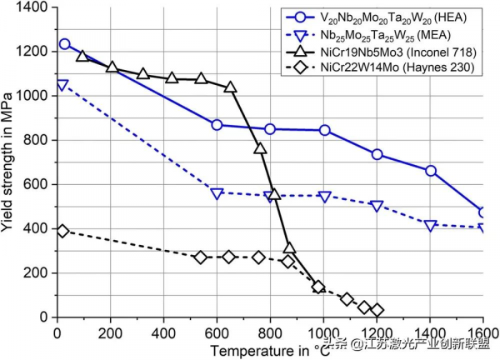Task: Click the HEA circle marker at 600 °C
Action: pyautogui.click(x=217, y=125)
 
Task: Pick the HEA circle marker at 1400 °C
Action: pyautogui.click(x=431, y=171)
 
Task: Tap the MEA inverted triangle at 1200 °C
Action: pyautogui.click(x=377, y=206)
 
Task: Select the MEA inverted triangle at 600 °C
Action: pyautogui.click(x=217, y=193)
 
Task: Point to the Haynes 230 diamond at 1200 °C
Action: pyautogui.click(x=377, y=310)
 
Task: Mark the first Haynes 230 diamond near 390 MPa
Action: pyautogui.click(x=62, y=231)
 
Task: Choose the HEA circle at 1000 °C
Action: pyautogui.click(x=324, y=130)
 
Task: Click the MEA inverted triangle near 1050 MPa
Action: pyautogui.click(x=62, y=85)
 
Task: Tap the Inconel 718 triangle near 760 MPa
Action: pyautogui.click(x=260, y=149)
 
